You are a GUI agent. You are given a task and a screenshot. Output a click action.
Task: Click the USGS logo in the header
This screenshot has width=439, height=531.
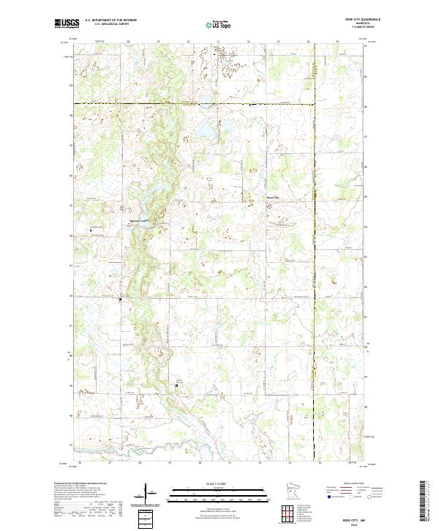66,23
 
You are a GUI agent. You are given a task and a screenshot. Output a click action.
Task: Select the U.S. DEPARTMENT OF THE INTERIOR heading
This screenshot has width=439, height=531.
110,20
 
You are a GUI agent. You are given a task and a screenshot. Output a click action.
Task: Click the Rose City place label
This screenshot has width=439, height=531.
272,198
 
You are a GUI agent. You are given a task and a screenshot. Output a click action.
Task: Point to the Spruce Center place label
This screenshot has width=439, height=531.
139,220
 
